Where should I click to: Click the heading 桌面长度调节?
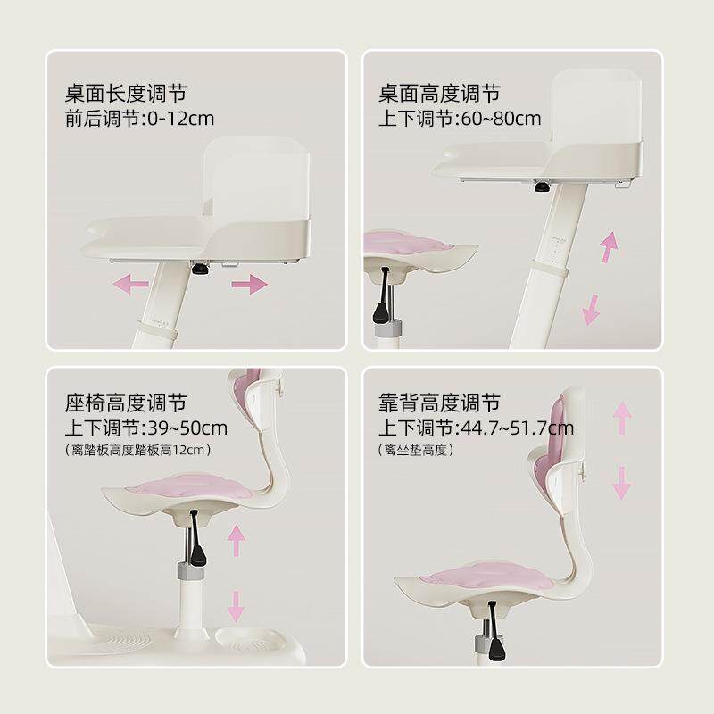126,94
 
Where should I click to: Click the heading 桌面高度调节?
439,94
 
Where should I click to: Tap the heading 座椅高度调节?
126,403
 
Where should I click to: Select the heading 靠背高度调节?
439,403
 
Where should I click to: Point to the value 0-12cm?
181,119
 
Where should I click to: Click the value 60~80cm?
502,119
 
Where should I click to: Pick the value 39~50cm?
187,428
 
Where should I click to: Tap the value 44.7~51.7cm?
518,428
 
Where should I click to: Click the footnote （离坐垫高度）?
416,451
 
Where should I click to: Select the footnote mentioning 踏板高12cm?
138,451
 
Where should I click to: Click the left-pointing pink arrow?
130,284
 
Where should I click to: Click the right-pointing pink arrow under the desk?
250,284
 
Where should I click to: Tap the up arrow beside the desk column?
609,247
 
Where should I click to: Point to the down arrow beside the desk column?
591,310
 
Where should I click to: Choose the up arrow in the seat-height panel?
237,540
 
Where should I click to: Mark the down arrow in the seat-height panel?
236,607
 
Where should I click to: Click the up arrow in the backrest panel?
622,417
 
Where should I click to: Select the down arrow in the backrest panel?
621,483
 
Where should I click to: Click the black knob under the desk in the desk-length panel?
199,269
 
